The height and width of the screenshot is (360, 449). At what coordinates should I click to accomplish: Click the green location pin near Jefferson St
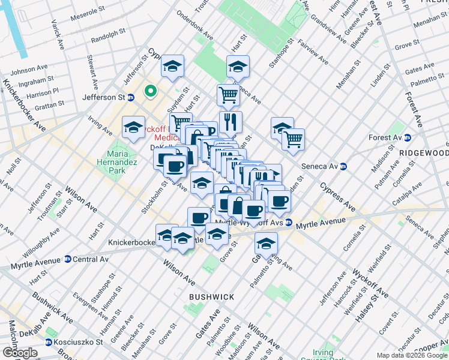click(x=150, y=92)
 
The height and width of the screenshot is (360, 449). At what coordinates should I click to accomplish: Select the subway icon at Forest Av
click(x=407, y=137)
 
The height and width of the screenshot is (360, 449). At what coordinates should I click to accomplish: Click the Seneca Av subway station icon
click(x=344, y=166)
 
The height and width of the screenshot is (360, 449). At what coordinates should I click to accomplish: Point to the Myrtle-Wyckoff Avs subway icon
click(x=289, y=222)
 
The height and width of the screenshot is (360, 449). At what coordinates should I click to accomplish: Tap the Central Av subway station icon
click(x=67, y=260)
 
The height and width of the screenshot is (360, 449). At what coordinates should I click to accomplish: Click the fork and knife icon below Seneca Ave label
click(x=231, y=122)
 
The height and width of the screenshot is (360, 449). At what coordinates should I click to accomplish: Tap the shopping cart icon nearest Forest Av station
click(x=293, y=139)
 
